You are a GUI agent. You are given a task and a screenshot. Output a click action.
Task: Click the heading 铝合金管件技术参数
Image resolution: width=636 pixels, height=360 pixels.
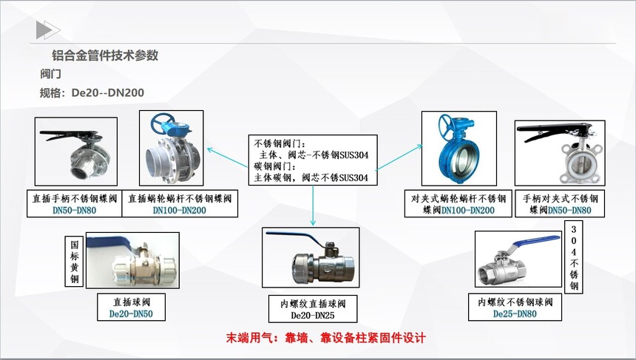point(105,55)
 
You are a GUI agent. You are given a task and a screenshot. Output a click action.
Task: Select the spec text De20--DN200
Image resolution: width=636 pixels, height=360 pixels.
point(108,93)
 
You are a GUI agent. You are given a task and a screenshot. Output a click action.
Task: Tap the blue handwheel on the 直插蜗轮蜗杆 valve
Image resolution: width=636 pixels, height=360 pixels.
point(163,123)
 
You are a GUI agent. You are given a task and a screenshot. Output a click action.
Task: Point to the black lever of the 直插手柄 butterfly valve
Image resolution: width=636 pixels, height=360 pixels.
point(69,135)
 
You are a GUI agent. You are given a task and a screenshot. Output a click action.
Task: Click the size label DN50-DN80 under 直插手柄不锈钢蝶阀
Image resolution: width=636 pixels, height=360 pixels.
point(74,211)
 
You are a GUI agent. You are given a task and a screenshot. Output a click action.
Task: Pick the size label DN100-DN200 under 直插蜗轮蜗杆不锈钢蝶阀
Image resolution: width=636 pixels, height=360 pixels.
point(179,211)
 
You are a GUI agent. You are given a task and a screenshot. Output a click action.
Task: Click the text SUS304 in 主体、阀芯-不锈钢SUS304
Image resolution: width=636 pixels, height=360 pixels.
point(353,154)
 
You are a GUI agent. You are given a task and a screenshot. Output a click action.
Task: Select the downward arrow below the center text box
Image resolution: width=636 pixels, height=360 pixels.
point(313,206)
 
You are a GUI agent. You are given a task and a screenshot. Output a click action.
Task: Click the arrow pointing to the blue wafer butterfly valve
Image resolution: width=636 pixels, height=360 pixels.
point(399,157)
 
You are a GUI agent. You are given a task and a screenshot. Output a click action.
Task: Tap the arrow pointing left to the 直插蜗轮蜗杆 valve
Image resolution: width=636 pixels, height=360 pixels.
point(228,157)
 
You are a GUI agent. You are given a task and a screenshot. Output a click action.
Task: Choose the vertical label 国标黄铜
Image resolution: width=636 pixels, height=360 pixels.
point(75,262)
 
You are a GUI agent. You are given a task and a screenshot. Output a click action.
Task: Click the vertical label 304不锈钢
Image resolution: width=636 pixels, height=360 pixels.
point(574,257)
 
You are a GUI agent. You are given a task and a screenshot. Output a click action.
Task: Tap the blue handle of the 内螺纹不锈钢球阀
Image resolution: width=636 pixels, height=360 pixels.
point(532,242)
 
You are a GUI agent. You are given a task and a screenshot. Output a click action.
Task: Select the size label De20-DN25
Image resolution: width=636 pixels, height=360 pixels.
point(313,316)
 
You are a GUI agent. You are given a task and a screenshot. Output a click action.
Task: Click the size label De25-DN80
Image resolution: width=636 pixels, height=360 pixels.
point(515,313)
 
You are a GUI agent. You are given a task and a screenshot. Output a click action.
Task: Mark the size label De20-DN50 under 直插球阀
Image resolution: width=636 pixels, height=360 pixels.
point(131,313)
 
